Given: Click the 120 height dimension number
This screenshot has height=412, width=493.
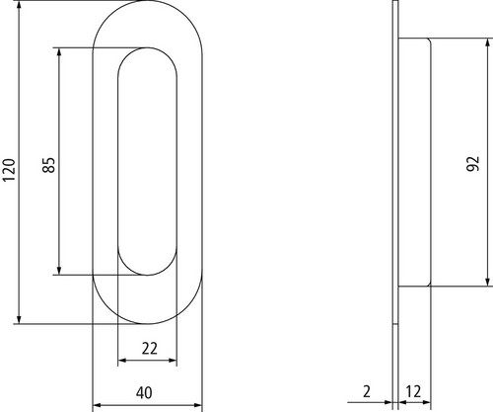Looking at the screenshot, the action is (9, 170).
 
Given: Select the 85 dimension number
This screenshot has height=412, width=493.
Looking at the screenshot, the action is (49, 165).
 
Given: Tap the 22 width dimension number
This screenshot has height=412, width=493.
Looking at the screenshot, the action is (150, 349).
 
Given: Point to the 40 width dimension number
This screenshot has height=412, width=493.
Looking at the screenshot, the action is (144, 392).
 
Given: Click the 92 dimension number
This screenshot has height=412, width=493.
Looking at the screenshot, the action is (473, 163).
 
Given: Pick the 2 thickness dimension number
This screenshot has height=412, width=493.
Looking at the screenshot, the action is (367, 391).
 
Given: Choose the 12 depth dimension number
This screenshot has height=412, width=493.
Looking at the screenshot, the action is (413, 391).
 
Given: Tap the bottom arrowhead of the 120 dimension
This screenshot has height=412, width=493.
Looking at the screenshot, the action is (19, 319).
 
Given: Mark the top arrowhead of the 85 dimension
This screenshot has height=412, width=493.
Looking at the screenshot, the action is (59, 52).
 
